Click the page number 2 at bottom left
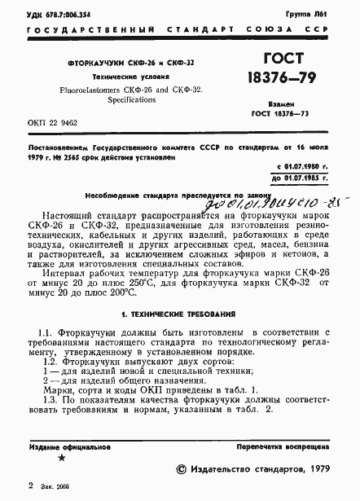(x=30, y=486)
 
